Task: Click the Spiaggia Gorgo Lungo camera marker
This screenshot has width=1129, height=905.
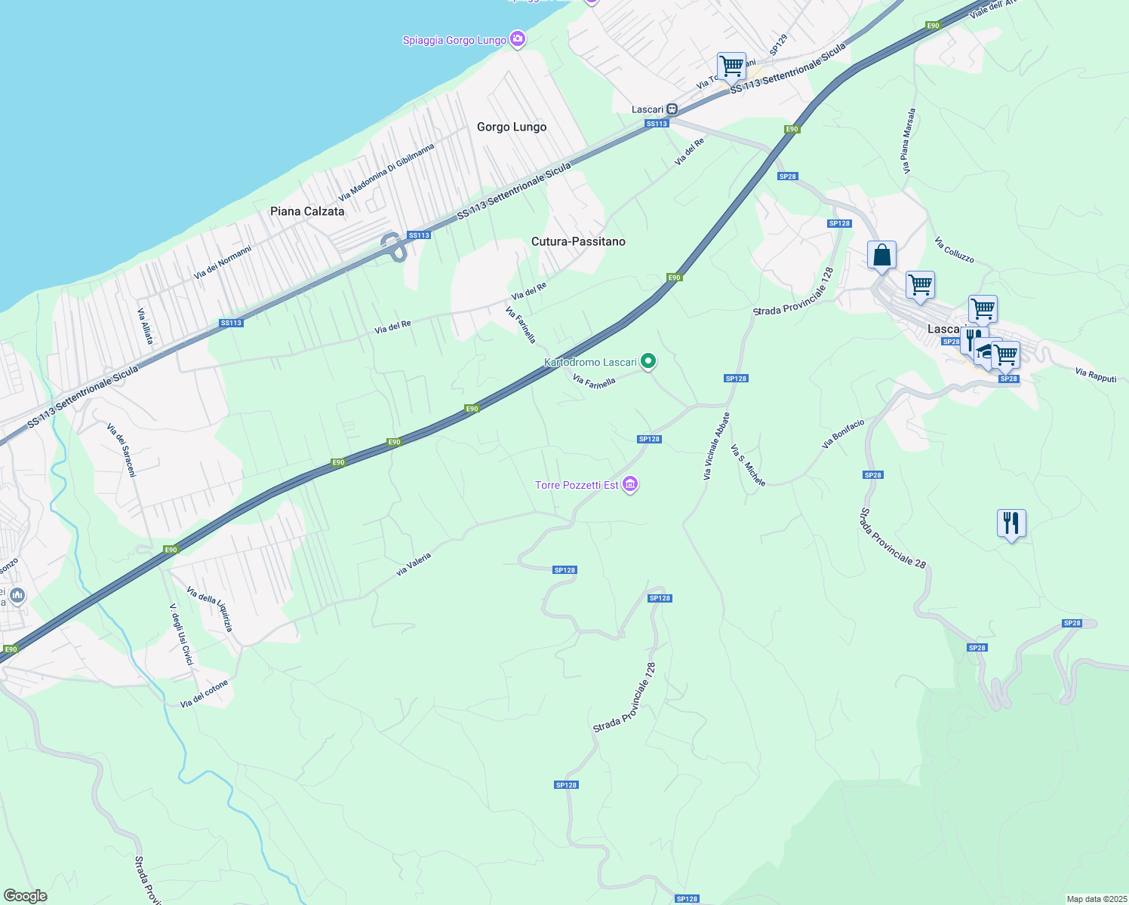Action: tap(517, 39)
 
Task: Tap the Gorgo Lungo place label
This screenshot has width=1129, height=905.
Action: tap(512, 127)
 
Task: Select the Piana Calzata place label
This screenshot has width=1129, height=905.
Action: tap(307, 211)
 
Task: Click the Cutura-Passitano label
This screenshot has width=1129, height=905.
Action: tap(578, 241)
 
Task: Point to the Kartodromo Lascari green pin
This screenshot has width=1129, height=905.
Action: tap(648, 362)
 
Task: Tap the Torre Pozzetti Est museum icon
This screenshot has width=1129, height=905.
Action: tap(630, 485)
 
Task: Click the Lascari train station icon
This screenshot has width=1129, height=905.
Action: tap(672, 109)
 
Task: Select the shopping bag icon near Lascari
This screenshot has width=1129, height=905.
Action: tap(881, 256)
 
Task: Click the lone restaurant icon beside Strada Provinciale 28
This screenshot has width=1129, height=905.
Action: tap(1011, 523)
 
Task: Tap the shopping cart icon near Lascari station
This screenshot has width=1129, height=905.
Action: tap(731, 66)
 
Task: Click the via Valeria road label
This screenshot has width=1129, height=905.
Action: tap(414, 564)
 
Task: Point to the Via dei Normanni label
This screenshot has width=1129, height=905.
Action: tap(223, 262)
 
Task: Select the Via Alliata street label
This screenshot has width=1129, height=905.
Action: tap(146, 326)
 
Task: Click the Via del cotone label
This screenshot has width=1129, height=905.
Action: tap(204, 694)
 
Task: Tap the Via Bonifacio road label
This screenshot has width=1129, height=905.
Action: tap(843, 434)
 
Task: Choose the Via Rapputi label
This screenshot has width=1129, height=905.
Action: tap(1096, 375)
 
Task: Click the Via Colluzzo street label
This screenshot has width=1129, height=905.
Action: tap(954, 250)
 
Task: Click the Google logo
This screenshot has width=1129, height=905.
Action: tap(26, 896)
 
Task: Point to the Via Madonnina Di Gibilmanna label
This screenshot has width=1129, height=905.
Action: tap(387, 172)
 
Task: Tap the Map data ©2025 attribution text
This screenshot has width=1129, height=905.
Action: tap(1097, 899)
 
